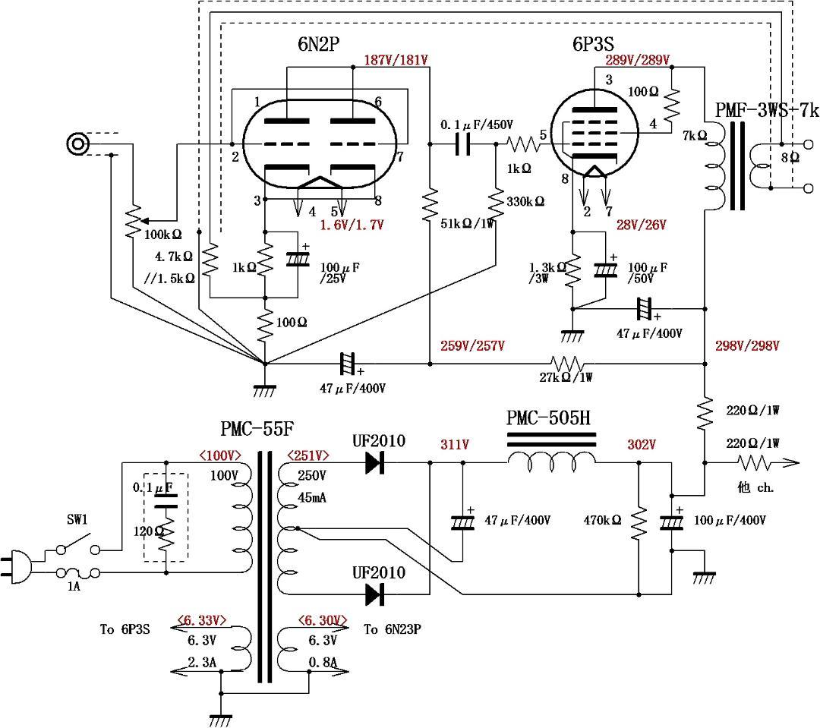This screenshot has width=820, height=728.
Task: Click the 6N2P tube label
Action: (x=317, y=45)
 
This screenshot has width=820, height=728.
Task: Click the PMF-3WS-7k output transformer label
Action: (x=767, y=110)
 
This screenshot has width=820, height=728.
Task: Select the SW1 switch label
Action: (x=75, y=520)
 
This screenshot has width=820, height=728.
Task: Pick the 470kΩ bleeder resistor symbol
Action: (x=639, y=522)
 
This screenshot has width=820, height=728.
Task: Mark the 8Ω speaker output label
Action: (x=796, y=158)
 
